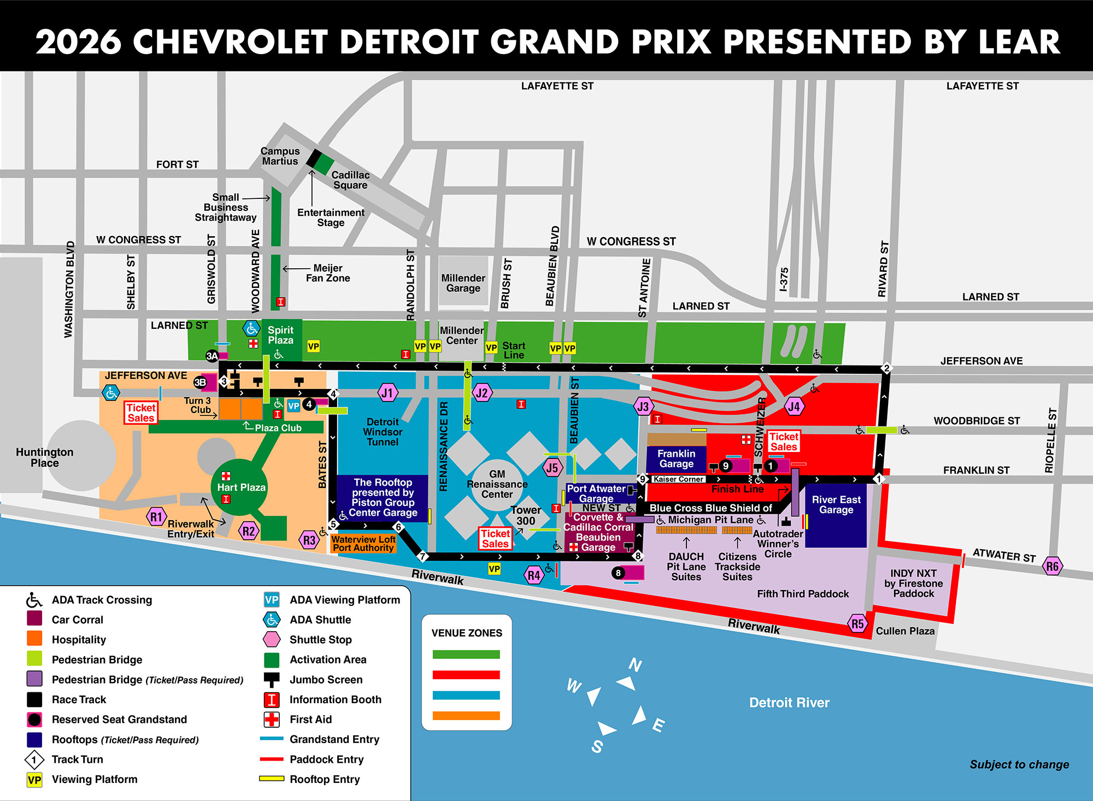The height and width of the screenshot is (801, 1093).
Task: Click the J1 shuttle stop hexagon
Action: tap(387, 392)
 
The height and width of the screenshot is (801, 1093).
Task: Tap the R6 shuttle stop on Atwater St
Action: tap(1052, 566)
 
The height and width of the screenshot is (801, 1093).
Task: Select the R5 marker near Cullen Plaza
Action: tap(857, 623)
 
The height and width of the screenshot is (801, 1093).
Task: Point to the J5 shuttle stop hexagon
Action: tap(552, 468)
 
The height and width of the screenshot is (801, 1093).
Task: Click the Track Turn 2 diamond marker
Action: tap(886, 368)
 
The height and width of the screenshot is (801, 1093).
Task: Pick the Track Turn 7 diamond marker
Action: tap(422, 557)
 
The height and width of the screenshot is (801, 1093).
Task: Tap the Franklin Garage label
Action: tap(676, 459)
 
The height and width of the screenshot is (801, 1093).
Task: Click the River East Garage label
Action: tap(836, 505)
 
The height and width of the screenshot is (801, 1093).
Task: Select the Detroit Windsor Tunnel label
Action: tap(383, 432)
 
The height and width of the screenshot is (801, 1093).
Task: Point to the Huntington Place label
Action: tap(44, 457)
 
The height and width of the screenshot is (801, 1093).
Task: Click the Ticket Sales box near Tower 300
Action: tap(495, 539)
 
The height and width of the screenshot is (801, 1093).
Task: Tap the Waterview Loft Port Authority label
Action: tap(363, 544)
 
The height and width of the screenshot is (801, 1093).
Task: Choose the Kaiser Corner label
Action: tap(678, 479)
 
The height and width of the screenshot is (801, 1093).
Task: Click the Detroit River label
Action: tap(789, 703)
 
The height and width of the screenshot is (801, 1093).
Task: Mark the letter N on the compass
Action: tap(635, 665)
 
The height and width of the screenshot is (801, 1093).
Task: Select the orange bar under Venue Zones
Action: tap(466, 716)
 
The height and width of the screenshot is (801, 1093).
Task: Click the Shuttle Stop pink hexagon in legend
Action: tap(272, 639)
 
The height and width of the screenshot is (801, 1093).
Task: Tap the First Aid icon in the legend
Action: tap(272, 720)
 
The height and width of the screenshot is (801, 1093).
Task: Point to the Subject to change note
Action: tap(1019, 764)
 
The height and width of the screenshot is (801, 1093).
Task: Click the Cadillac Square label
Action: tap(350, 180)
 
